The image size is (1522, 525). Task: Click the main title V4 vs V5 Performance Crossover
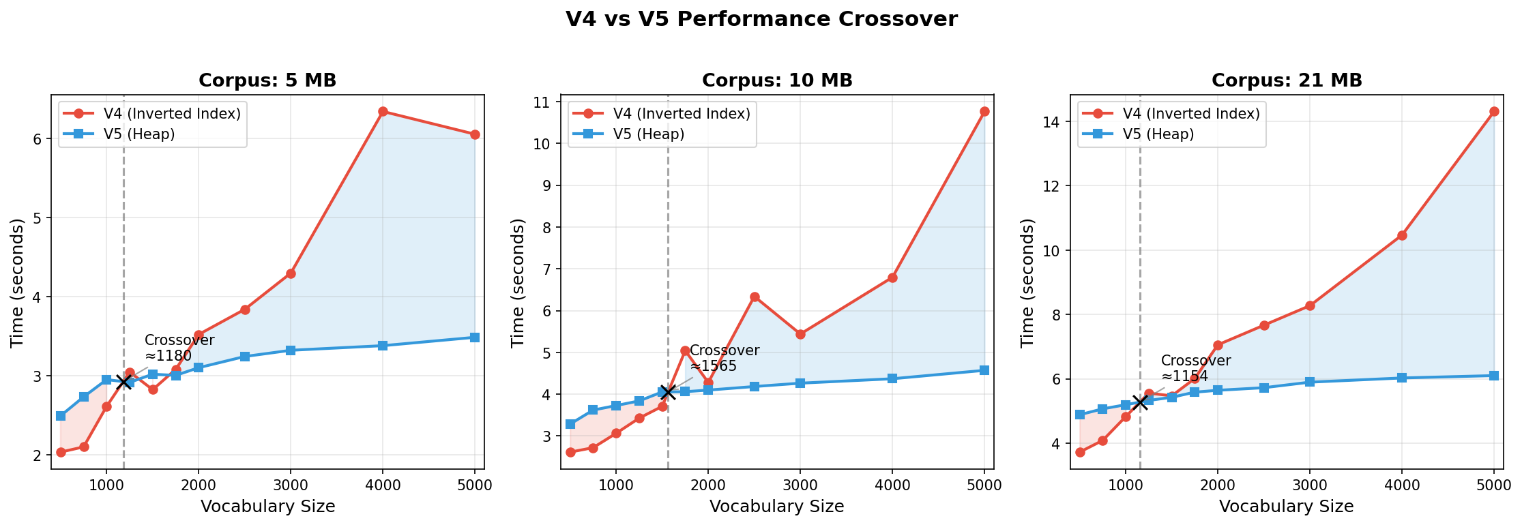[761, 19]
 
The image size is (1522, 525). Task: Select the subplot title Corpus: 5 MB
[267, 80]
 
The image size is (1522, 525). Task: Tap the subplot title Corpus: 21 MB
[1287, 80]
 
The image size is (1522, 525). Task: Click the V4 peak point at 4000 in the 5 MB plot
[383, 111]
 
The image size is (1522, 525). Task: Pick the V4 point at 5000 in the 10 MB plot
[984, 111]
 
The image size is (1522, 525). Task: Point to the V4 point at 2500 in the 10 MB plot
[755, 297]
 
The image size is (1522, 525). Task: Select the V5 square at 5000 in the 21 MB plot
[1494, 376]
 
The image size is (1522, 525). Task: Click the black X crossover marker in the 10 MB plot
[668, 392]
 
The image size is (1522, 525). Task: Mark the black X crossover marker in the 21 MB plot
[1140, 402]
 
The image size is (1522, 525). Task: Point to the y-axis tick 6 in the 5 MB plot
[38, 139]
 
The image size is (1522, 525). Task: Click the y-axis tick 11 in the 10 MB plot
[544, 102]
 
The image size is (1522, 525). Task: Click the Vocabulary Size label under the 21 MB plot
[1286, 507]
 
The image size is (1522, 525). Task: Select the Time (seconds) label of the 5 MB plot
[17, 282]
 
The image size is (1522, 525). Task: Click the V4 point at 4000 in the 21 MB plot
[1402, 235]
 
